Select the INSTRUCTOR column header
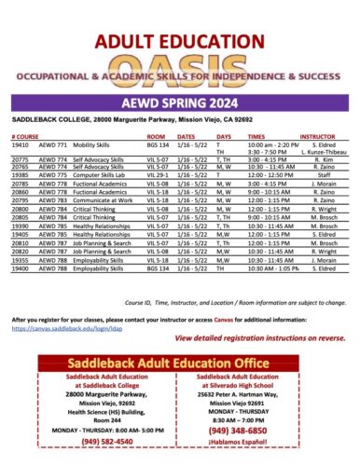(316, 136)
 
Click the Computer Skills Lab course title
(97, 173)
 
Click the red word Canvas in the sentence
(225, 294)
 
